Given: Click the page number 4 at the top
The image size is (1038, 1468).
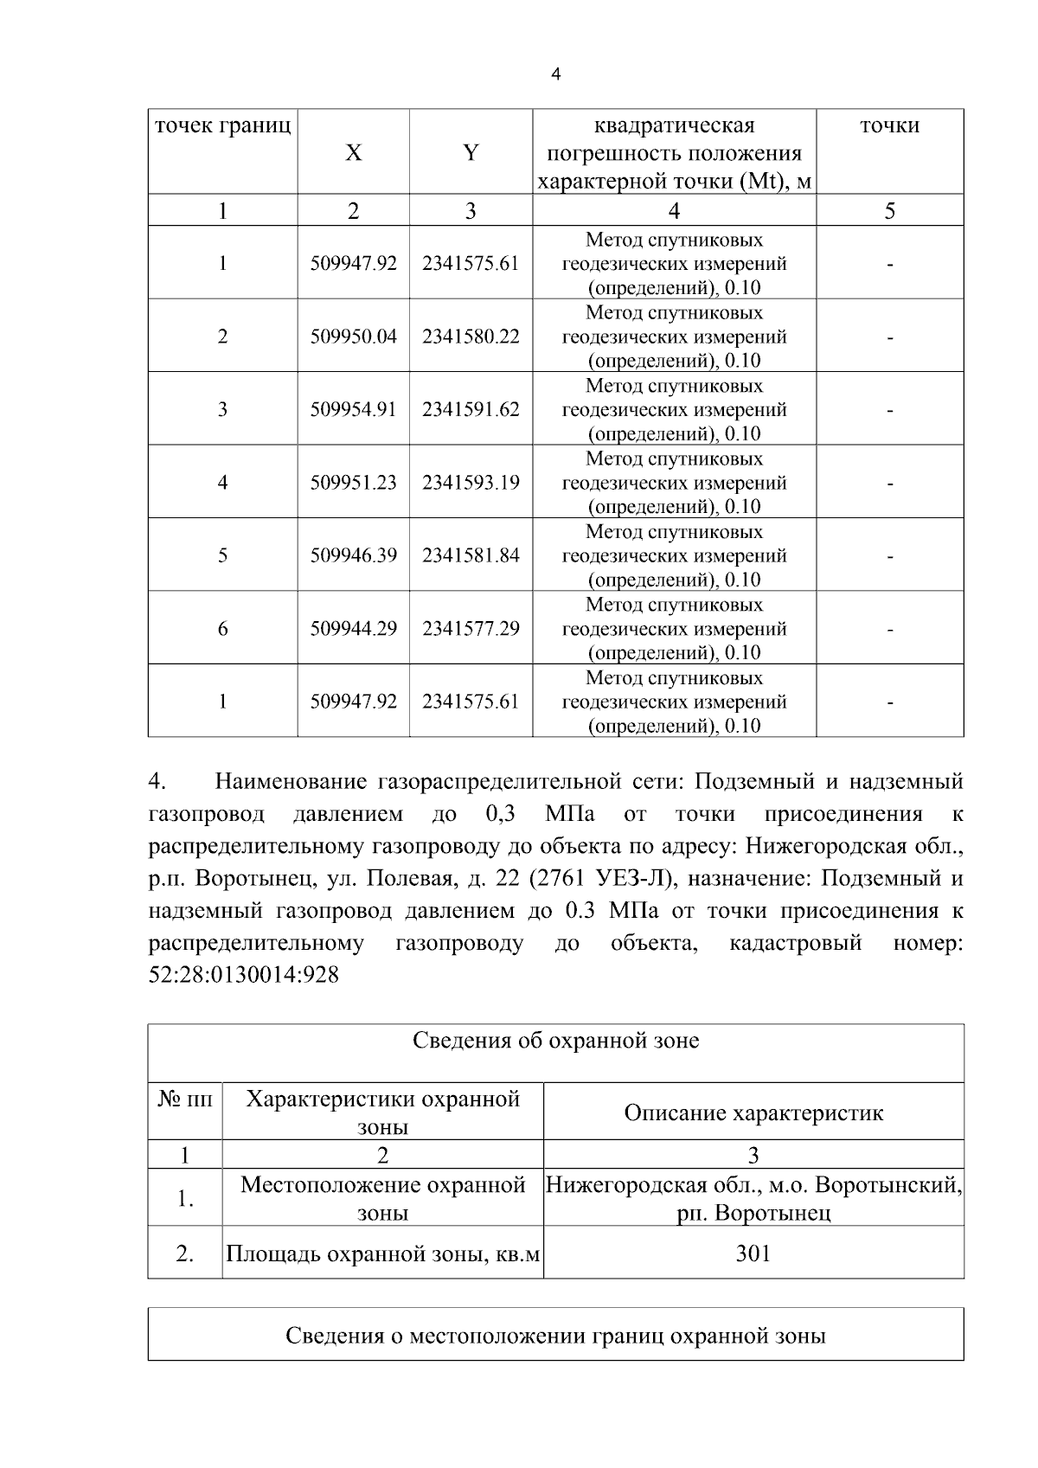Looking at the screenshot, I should [x=555, y=74].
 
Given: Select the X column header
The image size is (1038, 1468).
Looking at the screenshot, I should [x=353, y=153].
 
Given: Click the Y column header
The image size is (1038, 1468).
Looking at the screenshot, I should [x=470, y=153].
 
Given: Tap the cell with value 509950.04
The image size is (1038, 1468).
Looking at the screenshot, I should [x=353, y=337].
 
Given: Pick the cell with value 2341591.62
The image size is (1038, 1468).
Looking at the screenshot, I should [x=471, y=409].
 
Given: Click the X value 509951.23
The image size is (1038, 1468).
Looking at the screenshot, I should [x=353, y=483].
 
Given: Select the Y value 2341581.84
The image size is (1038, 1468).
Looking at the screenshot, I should [x=471, y=555].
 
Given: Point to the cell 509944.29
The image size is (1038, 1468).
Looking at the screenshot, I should [x=353, y=629].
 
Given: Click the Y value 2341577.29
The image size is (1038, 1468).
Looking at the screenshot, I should [x=471, y=629].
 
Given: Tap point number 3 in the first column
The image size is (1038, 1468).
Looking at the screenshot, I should [x=222, y=409].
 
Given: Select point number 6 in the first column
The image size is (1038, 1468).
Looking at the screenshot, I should [x=222, y=629].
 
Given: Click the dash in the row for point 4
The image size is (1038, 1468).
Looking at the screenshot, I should [x=889, y=483].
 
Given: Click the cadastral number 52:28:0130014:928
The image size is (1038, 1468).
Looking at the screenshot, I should [x=244, y=975].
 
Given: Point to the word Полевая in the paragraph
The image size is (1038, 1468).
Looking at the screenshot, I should [x=400, y=879].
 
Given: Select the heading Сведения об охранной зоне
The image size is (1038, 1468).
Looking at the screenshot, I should [x=555, y=1041].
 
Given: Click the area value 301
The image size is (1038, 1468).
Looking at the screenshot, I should [x=753, y=1253].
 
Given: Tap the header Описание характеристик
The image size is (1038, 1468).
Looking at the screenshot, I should [x=753, y=1112].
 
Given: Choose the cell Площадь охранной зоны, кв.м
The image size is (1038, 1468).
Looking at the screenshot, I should [x=382, y=1253].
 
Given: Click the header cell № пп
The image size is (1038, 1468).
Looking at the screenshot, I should [x=184, y=1099].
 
